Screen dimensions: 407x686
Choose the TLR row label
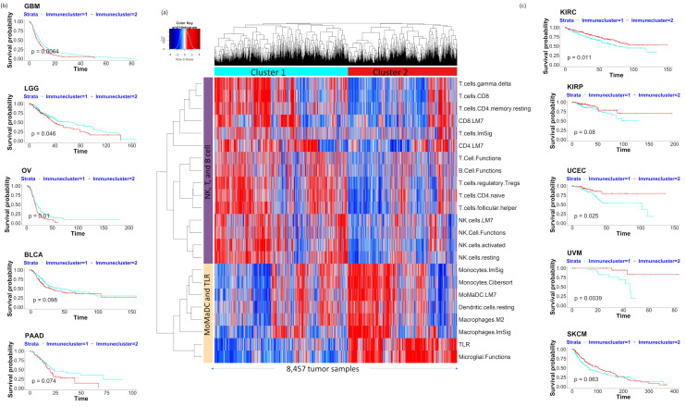[465, 340]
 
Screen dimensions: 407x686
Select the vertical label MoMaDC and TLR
[208, 312]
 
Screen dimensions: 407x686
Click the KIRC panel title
[570, 10]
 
